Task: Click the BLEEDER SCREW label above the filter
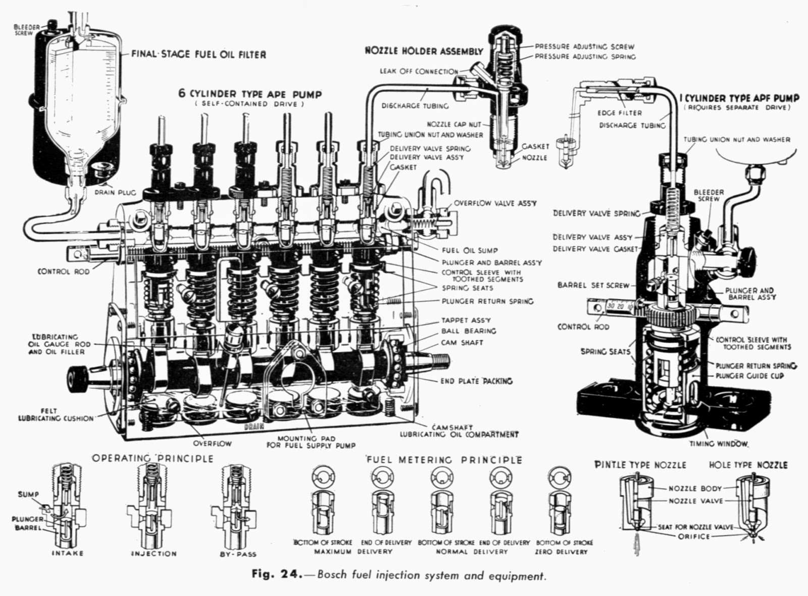tap(23, 30)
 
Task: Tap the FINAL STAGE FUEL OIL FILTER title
tap(198, 55)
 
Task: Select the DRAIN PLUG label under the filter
tap(116, 192)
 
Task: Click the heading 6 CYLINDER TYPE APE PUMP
tap(249, 94)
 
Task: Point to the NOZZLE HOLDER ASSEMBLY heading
tap(424, 51)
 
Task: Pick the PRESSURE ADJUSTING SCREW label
tap(584, 46)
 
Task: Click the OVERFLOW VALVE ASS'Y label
tap(495, 203)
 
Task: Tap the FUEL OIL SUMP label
tap(470, 250)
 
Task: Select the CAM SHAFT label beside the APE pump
tap(462, 343)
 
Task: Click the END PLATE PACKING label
tap(476, 381)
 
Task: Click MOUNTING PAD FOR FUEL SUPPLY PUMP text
tap(311, 442)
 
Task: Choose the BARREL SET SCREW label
tap(593, 285)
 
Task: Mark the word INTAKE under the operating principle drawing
tap(67, 553)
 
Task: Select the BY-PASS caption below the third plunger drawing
tap(238, 554)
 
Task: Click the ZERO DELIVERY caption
tap(561, 552)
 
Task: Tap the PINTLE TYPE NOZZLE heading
tap(640, 465)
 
